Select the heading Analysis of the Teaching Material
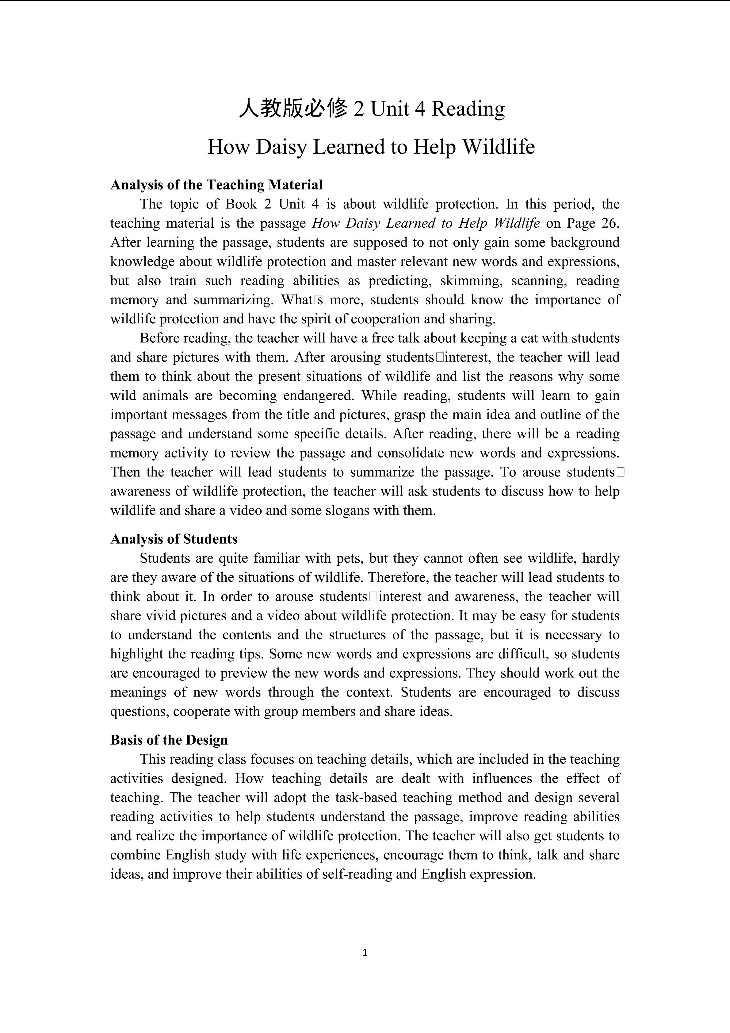tap(216, 185)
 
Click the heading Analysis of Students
tap(174, 539)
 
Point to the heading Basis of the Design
tap(169, 740)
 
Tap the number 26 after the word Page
tap(610, 223)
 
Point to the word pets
tap(349, 558)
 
